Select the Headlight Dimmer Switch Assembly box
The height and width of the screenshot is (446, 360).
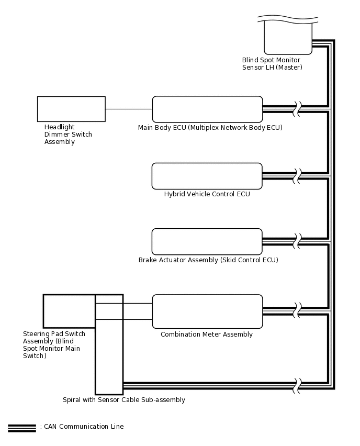[71, 109]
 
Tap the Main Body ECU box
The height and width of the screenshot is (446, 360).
[207, 109]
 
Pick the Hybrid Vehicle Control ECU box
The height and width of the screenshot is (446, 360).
[207, 176]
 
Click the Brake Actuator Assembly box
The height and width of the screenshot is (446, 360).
[207, 241]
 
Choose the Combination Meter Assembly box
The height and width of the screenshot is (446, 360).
[207, 311]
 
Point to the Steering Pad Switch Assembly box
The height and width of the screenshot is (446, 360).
[69, 311]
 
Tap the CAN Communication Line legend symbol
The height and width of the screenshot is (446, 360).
[22, 427]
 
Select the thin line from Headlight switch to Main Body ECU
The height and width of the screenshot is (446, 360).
[129, 109]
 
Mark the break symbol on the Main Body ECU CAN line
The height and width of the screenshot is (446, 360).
[298, 109]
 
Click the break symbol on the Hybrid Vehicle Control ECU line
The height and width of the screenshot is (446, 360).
[298, 176]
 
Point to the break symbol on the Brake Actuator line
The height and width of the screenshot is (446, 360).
[298, 241]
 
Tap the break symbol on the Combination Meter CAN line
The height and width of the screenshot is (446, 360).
[298, 310]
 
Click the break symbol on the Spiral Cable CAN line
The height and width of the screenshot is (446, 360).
[298, 386]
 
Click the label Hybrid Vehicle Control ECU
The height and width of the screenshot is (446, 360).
[207, 194]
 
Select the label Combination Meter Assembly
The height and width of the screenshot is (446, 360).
[207, 334]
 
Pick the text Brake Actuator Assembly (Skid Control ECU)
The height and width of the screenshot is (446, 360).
[208, 260]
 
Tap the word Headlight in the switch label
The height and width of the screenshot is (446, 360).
[60, 127]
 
